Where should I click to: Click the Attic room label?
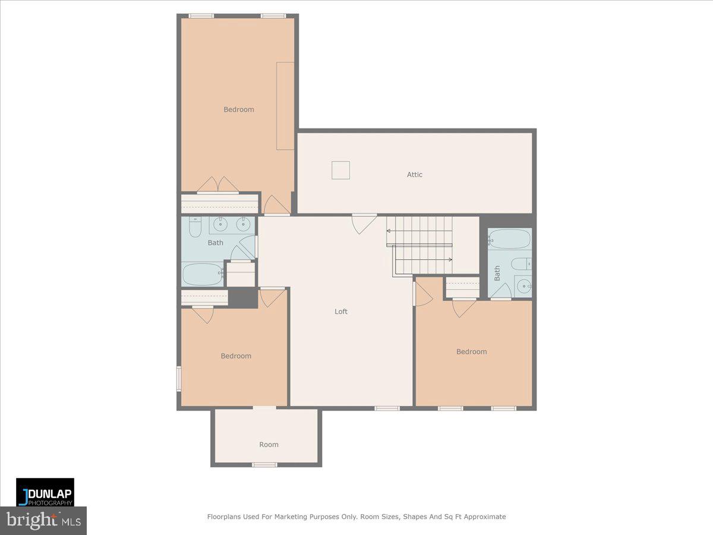415,174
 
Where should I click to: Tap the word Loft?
341,311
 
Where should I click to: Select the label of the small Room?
269,444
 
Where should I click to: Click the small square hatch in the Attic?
340,170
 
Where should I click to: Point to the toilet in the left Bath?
195,228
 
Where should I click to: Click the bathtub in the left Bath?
202,274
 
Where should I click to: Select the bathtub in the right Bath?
509,239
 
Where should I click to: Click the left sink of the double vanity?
221,225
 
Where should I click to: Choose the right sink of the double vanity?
242,225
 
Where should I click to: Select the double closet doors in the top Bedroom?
218,185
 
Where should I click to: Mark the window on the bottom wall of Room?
264,464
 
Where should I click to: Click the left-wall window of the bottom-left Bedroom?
178,379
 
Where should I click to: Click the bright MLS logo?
43,521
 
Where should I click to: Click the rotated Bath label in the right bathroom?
497,273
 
